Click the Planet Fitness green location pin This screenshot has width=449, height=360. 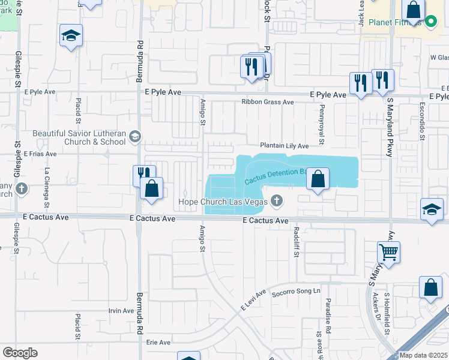430,23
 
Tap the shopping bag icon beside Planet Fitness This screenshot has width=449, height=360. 413,10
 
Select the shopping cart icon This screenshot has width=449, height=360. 389,252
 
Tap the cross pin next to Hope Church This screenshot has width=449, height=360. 277,201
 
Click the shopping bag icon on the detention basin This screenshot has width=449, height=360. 318,179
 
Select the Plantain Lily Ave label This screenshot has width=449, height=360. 284,146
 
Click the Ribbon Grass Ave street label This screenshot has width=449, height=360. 268,102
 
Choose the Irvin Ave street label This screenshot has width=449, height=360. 121,311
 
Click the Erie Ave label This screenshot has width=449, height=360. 158,343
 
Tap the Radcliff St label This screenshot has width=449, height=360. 296,242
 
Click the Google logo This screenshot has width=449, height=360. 20,353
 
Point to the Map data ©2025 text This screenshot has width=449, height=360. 423,355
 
